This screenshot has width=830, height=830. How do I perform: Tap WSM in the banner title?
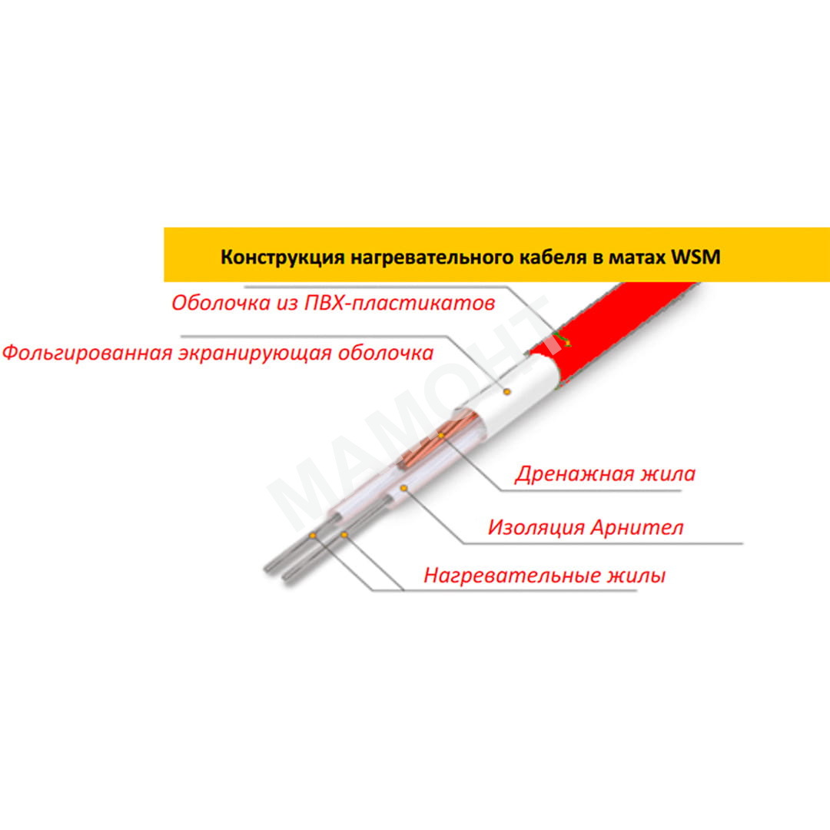tap(696, 257)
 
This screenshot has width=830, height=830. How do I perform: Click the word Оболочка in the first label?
tap(221, 303)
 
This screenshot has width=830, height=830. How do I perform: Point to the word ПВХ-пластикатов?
tap(400, 303)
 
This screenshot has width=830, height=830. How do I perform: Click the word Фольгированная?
tap(88, 353)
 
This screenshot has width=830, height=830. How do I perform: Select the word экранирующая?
tap(255, 353)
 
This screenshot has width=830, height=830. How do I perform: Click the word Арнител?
tap(637, 527)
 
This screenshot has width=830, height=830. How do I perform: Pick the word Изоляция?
tap(536, 527)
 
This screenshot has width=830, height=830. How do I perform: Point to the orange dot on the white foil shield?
tap(506, 392)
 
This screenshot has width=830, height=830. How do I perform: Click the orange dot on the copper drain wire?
tap(440, 435)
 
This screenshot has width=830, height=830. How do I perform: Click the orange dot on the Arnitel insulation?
tap(403, 488)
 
